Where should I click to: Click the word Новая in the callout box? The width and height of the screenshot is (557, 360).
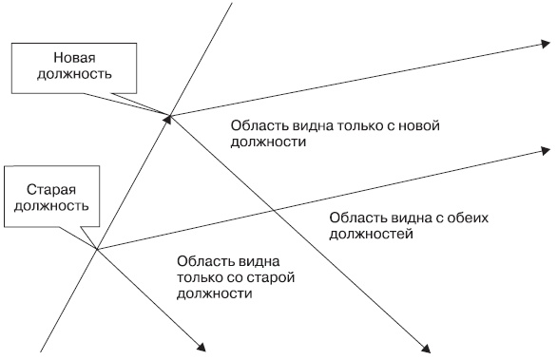74,58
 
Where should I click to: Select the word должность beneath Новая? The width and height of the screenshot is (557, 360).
75,74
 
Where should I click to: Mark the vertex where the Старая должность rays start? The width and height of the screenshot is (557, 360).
97,250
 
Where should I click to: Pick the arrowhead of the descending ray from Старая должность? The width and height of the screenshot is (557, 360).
202,348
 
